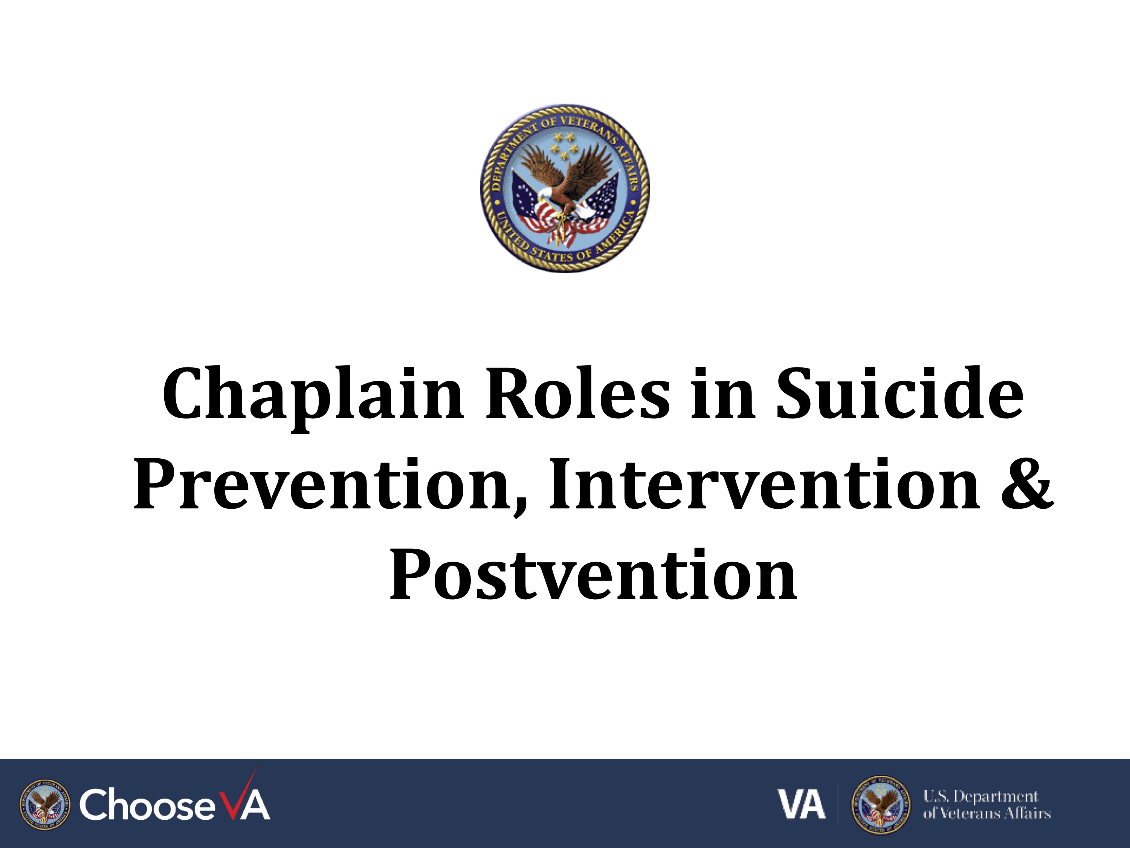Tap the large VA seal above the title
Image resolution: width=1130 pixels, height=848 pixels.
(x=565, y=188)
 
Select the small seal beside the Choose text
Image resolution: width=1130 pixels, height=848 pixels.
(x=46, y=805)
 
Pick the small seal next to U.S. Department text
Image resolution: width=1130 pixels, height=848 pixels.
(x=880, y=805)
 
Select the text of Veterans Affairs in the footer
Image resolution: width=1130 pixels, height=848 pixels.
(x=986, y=813)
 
